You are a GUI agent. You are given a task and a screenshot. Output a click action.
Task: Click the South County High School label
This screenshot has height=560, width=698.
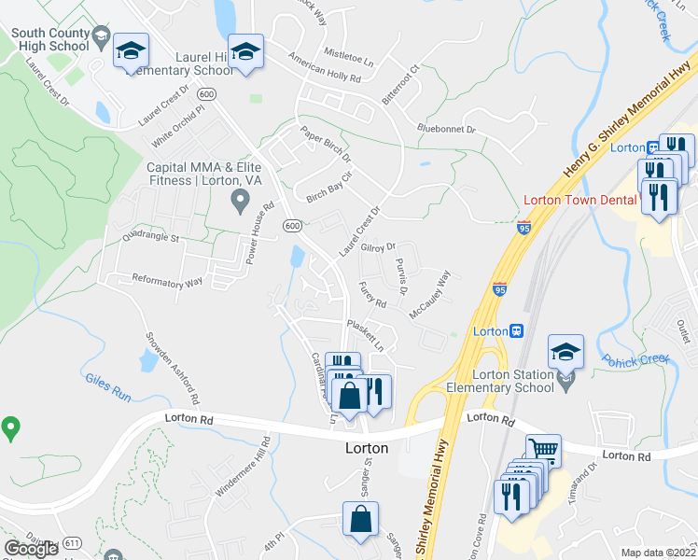(50, 38)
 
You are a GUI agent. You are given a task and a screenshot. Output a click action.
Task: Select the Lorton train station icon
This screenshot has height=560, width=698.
(515, 331)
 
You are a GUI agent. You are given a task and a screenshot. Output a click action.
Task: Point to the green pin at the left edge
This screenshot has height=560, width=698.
(10, 428)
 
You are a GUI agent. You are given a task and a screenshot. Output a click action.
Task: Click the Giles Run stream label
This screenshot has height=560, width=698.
(108, 386)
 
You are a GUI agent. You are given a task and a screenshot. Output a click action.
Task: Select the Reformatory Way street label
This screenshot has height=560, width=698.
(168, 279)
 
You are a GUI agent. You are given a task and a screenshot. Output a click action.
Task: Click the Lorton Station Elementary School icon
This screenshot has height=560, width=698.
(565, 352)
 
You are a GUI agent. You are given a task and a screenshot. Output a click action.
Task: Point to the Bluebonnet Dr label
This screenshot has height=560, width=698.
(447, 128)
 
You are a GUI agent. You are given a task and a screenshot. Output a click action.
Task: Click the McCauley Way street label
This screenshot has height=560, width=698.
(430, 293)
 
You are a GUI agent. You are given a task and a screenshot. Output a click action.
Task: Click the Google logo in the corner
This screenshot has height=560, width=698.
(31, 549)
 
